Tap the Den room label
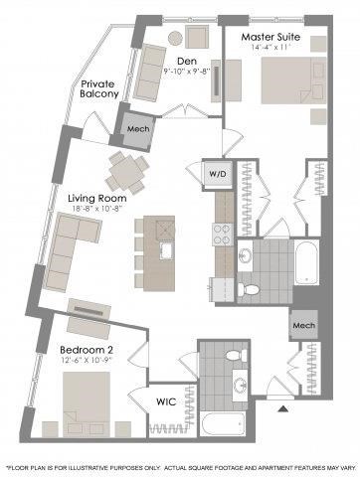pyautogui.click(x=187, y=62)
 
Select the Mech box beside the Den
pyautogui.click(x=136, y=126)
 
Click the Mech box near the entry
pyautogui.click(x=303, y=326)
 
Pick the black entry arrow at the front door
pyautogui.click(x=281, y=407)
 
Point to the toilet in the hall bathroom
pyautogui.click(x=234, y=355)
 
